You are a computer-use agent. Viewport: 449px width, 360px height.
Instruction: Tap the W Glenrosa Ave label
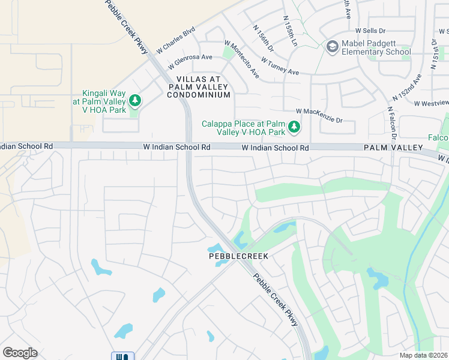tap(190, 61)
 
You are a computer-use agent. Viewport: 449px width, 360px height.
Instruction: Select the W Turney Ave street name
tap(280, 66)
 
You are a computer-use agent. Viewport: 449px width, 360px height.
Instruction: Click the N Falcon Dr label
tap(390, 127)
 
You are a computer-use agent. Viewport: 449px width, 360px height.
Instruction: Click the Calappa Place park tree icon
tap(294, 126)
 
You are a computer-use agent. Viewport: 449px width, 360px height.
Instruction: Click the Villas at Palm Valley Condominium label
tap(198, 87)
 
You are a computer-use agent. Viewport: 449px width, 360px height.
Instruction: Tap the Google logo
tap(20, 352)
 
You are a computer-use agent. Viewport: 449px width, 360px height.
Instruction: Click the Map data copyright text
tap(424, 355)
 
